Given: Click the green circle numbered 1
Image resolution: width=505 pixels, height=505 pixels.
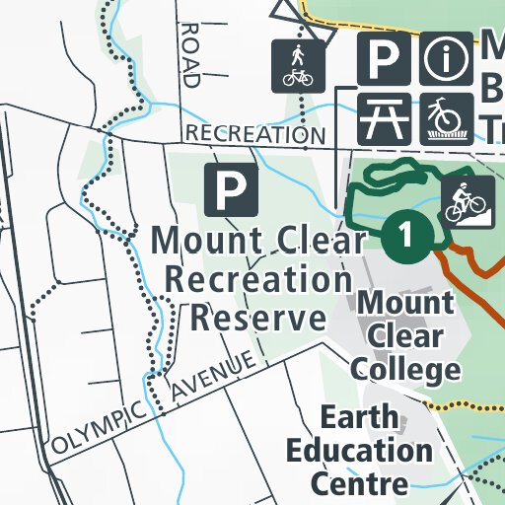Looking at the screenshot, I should (406, 236).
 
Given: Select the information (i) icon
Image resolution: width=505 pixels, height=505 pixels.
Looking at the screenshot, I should (447, 60).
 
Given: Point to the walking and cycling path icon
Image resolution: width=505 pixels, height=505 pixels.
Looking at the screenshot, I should (297, 66).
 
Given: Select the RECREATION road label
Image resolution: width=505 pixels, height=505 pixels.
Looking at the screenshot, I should (255, 133).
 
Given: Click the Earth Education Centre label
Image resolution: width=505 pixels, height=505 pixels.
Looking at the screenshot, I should (359, 450).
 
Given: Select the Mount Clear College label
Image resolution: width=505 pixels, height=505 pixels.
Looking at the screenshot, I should (405, 334).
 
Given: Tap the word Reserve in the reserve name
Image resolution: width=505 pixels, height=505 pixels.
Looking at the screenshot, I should (258, 318).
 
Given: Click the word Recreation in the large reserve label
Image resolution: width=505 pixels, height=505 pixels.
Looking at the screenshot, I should (258, 279).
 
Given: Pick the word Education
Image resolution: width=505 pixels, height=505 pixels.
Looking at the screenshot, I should (359, 450).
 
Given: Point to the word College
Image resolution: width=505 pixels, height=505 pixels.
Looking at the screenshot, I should (405, 368).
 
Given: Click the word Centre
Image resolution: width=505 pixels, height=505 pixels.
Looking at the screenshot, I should (359, 482).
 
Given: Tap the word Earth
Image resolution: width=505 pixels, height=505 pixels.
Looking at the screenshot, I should (359, 417).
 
